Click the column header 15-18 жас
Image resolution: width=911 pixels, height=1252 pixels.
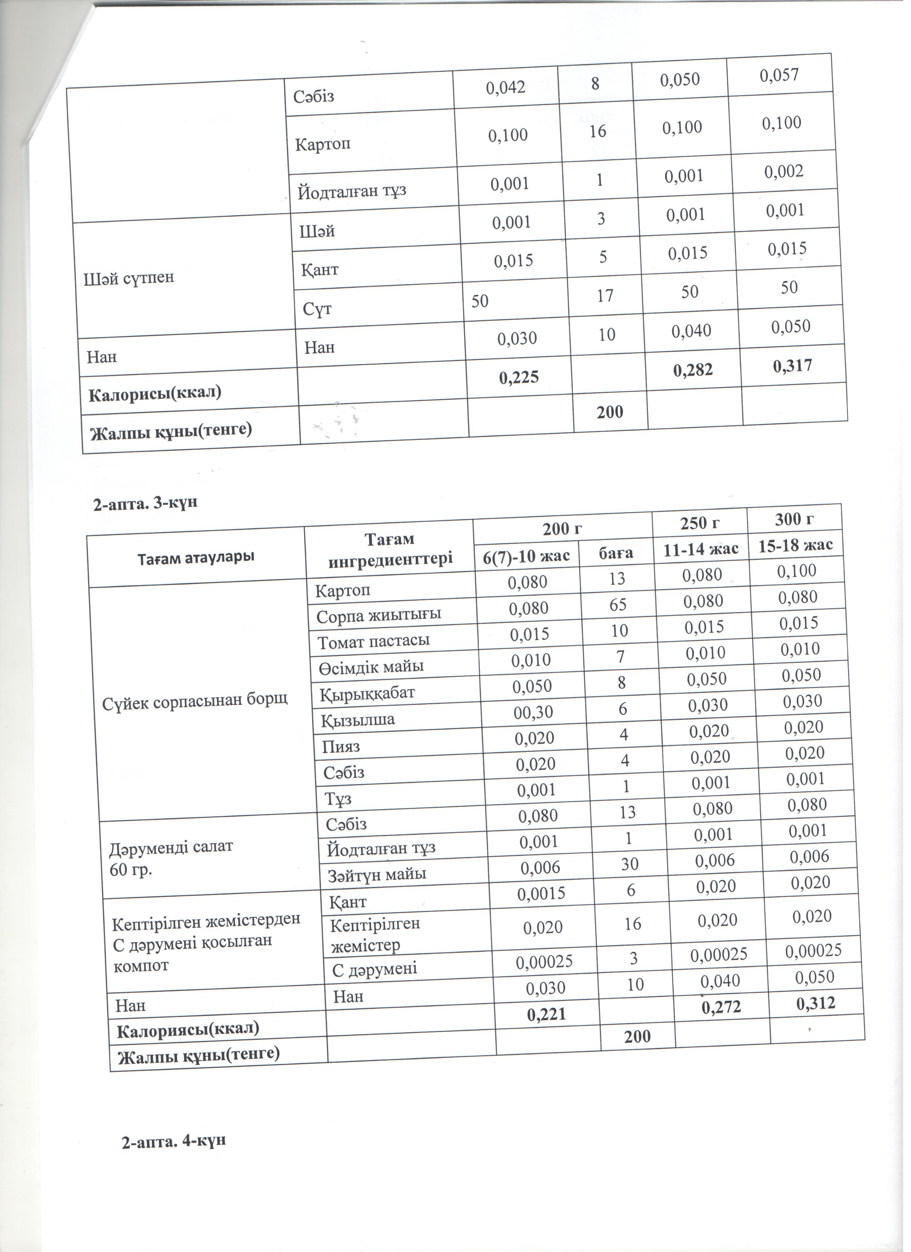(795, 545)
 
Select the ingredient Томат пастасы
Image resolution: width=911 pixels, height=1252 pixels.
(373, 641)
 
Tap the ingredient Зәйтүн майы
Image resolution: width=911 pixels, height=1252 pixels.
(377, 875)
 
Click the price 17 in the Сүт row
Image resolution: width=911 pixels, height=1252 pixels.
(605, 296)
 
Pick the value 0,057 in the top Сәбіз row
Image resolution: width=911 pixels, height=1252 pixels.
(779, 75)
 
